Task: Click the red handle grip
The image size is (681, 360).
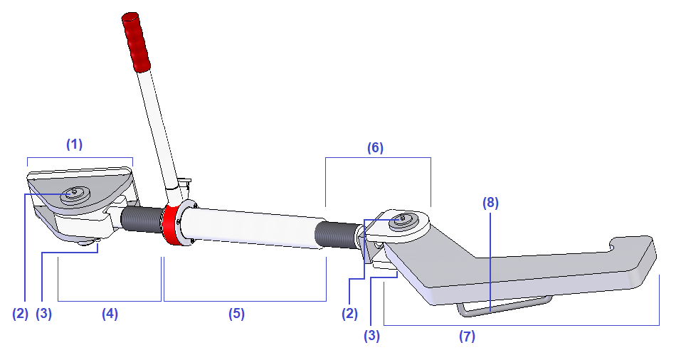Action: click(136, 41)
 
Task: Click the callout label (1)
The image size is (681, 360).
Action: click(75, 144)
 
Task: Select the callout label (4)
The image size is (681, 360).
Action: click(109, 314)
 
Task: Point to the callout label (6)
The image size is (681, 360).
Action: click(375, 148)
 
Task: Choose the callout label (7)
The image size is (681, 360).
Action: click(467, 337)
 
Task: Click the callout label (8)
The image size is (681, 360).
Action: click(490, 202)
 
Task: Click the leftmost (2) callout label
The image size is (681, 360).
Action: click(21, 314)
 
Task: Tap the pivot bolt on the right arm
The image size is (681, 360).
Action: click(403, 218)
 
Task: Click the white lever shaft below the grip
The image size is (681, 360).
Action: click(158, 128)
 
